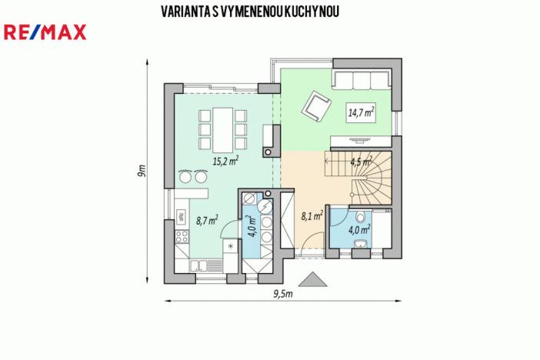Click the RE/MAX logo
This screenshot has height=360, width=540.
point(45,32)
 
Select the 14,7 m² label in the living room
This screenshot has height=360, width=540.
point(361,112)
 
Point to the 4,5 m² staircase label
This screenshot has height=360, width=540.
point(360,162)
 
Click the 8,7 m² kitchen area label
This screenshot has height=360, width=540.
point(206,221)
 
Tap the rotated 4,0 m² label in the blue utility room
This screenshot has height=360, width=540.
point(252,227)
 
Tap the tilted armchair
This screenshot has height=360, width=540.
point(315,105)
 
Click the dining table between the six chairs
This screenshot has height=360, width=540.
point(223,128)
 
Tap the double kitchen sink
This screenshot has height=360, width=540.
point(198,266)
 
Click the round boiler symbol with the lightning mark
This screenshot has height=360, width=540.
point(265,207)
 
